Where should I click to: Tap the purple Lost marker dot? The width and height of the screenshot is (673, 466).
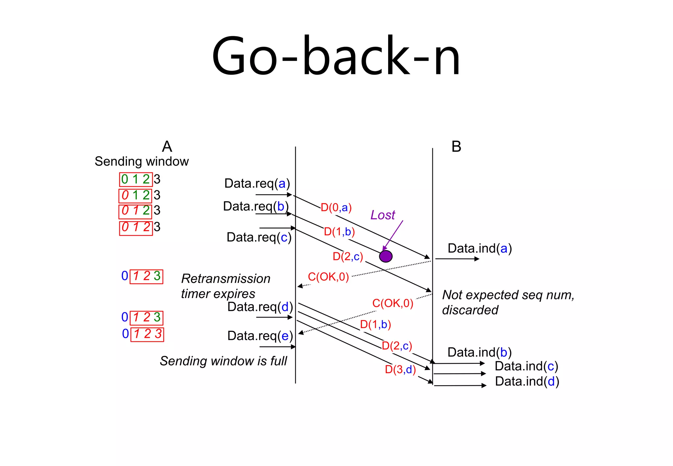pos(385,256)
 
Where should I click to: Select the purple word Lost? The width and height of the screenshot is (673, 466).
pos(383,215)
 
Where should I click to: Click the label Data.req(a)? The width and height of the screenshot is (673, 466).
pos(257,183)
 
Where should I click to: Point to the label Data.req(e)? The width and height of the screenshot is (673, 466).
pos(260,336)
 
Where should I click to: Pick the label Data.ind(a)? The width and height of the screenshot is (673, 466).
pos(479,248)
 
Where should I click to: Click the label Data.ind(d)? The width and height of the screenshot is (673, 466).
pos(527,381)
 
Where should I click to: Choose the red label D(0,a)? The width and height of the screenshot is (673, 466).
pos(336,208)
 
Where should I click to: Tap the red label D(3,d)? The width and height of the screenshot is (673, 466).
pos(400,369)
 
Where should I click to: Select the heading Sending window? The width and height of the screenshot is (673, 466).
pos(142,161)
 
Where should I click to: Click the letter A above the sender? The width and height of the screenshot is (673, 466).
pos(167,146)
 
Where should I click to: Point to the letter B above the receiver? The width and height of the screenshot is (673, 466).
pos(456,146)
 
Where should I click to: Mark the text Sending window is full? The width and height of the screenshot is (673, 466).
pos(223,361)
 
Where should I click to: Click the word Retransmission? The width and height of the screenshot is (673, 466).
pos(226,279)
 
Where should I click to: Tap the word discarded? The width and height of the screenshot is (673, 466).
pos(470,310)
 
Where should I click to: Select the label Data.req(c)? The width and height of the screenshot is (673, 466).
pos(259,237)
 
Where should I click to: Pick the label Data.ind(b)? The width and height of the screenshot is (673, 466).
pos(479,352)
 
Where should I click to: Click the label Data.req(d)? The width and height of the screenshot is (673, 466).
pos(260,307)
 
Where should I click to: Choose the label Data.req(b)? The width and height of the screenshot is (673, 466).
pos(256,206)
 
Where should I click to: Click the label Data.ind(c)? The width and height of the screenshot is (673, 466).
pos(526,366)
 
